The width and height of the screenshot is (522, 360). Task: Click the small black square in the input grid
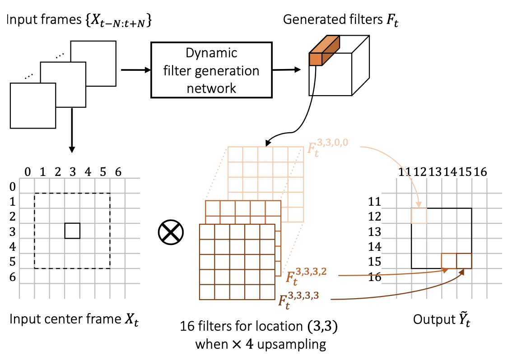(x=72, y=231)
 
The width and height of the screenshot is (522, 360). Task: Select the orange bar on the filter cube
(x=324, y=50)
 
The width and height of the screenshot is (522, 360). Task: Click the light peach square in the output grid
(x=419, y=216)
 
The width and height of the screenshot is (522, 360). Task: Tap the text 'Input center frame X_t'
(x=72, y=319)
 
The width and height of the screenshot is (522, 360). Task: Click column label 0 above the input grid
(x=28, y=172)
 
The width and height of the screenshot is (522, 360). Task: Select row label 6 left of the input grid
(x=13, y=277)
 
